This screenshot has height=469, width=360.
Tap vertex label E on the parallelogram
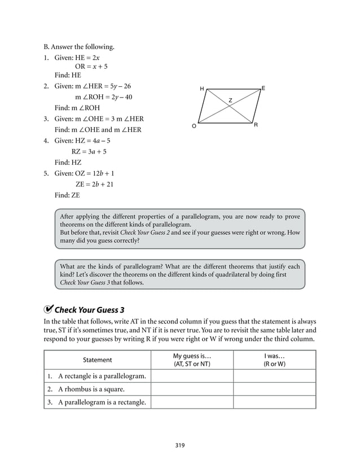[x=264, y=89]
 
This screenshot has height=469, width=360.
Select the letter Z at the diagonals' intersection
[x=230, y=100]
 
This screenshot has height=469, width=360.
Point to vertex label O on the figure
[x=194, y=126]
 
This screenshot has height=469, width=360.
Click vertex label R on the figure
[x=256, y=125]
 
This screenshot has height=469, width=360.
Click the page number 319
[x=180, y=445]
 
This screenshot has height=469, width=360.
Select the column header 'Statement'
[x=98, y=360]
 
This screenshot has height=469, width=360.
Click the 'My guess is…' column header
[x=192, y=360]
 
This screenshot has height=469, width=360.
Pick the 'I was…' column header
[x=274, y=360]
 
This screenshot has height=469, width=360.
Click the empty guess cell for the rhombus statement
[x=192, y=389]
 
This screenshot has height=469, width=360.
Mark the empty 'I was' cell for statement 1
[x=274, y=376]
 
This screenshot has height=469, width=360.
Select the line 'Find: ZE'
[x=67, y=195]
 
